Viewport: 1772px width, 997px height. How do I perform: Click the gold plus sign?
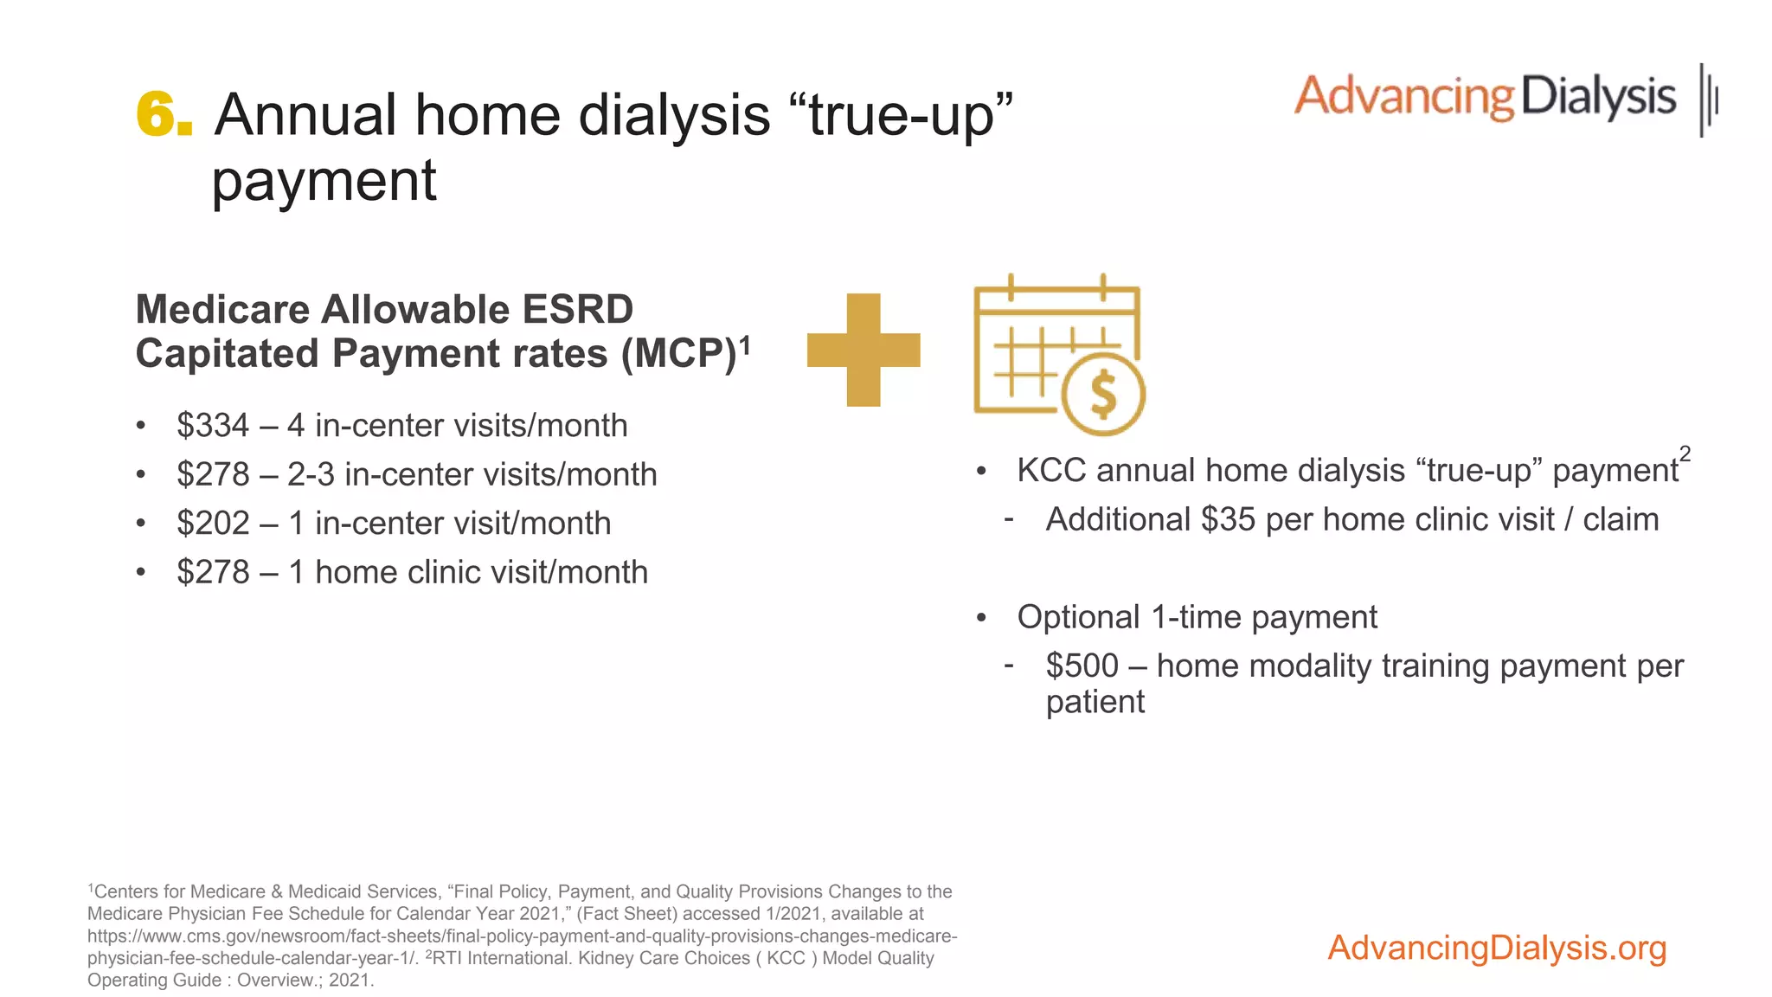click(x=863, y=350)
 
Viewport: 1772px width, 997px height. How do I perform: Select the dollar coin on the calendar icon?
click(x=1103, y=394)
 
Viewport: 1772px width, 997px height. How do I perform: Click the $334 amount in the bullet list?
click(x=213, y=426)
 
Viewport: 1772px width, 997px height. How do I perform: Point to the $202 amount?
click(x=213, y=524)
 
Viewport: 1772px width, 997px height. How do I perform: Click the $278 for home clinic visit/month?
click(x=213, y=572)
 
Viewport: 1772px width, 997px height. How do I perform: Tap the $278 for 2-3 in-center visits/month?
click(x=213, y=474)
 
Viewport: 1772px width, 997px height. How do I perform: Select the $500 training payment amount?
click(x=1082, y=666)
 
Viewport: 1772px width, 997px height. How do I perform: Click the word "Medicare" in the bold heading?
click(x=222, y=310)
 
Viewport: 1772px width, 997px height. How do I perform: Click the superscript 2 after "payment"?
click(x=1685, y=453)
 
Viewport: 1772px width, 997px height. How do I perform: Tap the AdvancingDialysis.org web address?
click(x=1497, y=948)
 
